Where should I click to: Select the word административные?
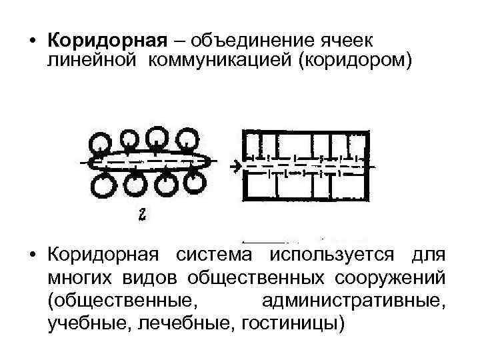pyautogui.click(x=352, y=301)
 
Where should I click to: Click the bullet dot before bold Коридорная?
pyautogui.click(x=32, y=41)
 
